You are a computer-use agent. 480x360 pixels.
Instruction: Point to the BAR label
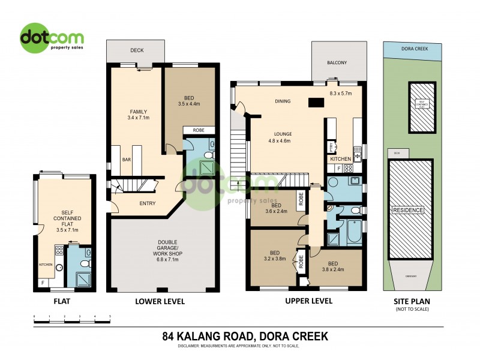click(127, 160)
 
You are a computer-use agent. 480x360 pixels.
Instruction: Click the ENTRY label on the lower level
click(147, 203)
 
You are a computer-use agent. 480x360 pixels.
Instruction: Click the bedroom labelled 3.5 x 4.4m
click(189, 99)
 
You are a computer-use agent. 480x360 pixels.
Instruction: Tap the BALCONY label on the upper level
click(337, 63)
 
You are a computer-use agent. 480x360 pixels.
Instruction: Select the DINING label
click(282, 101)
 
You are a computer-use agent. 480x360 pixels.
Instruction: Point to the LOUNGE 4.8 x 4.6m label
click(280, 137)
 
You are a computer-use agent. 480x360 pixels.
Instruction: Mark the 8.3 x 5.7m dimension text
click(340, 94)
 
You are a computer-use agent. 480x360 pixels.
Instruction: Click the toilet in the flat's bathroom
click(85, 263)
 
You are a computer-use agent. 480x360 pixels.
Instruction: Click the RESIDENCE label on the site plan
click(408, 210)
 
